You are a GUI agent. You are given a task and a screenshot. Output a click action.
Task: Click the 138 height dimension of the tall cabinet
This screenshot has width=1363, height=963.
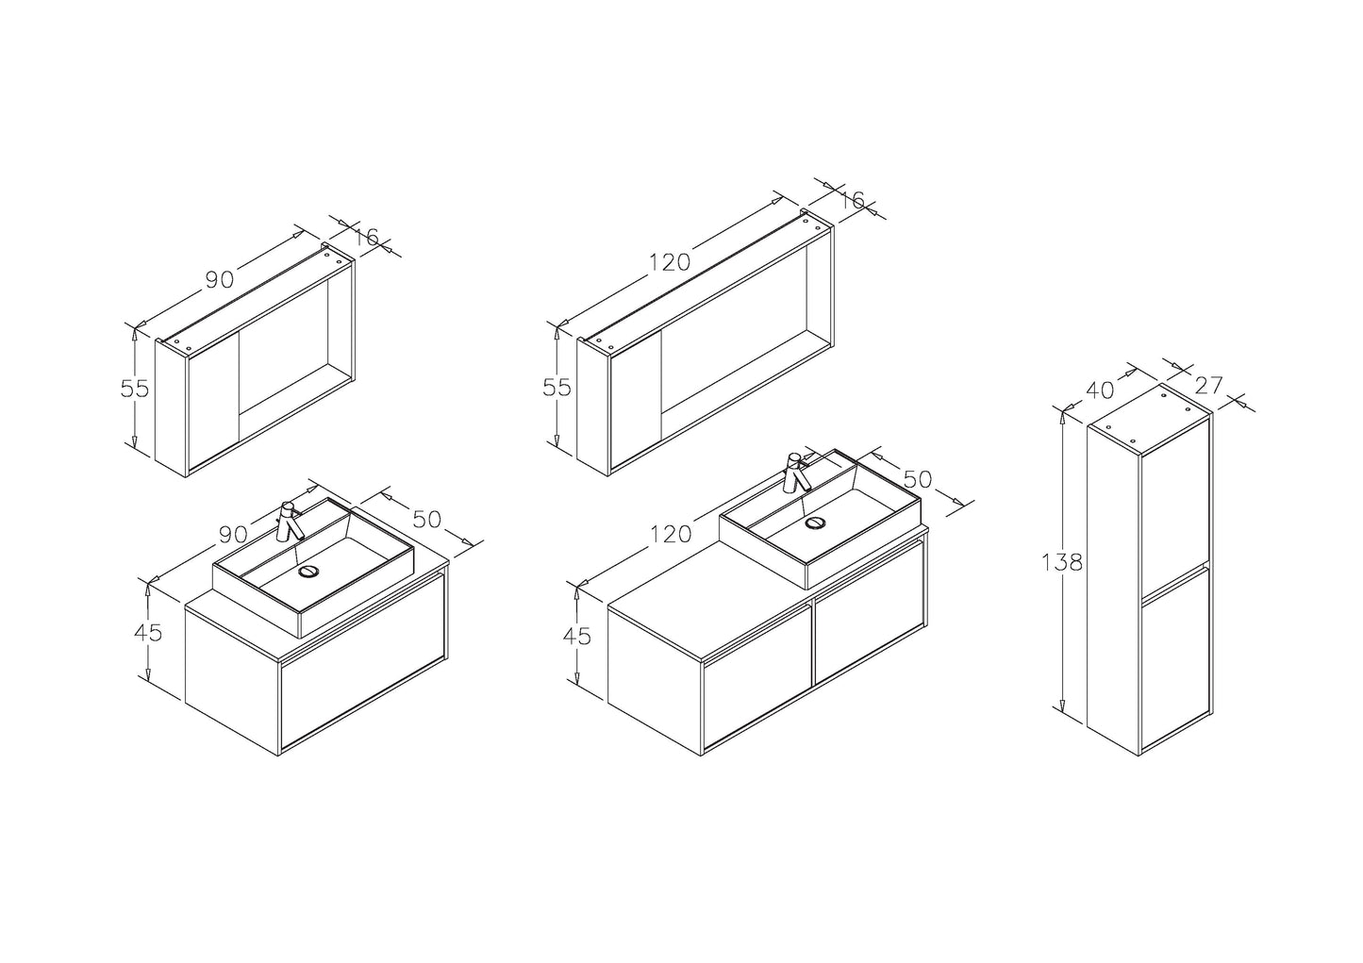[x=1062, y=563]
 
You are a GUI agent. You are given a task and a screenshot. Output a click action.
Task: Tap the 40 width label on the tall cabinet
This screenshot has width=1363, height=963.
[x=1100, y=390]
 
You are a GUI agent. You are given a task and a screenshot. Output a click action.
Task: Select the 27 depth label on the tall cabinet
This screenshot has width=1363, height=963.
[x=1208, y=385]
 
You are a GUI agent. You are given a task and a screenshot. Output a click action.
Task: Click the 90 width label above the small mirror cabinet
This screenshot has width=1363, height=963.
[x=220, y=279]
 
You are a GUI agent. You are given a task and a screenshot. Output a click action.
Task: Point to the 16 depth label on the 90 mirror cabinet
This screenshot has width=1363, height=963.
[x=366, y=237]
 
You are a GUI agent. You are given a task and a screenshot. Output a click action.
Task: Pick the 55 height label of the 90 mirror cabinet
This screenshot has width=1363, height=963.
[x=135, y=388]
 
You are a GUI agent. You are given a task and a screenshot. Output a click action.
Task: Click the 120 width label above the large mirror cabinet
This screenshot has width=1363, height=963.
[x=670, y=262]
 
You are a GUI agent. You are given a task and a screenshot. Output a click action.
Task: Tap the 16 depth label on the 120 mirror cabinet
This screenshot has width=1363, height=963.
[x=852, y=200]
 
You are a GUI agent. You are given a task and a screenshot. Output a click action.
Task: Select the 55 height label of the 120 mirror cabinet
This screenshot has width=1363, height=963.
[x=557, y=388]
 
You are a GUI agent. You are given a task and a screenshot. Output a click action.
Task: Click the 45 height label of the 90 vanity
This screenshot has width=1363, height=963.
[x=148, y=633]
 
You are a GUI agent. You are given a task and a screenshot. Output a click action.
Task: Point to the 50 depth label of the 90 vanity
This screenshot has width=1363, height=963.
[x=426, y=519]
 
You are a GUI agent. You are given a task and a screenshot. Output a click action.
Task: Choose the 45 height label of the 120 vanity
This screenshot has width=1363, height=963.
[x=577, y=637]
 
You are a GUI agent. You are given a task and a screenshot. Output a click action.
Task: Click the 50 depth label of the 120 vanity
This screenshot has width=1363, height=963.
[x=918, y=480]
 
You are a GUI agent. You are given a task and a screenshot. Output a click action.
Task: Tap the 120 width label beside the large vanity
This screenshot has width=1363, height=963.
[x=671, y=534]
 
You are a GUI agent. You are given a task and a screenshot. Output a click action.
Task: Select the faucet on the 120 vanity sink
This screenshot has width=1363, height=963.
[x=797, y=473]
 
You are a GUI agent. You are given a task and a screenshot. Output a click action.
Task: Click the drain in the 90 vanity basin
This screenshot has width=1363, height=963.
[x=309, y=571]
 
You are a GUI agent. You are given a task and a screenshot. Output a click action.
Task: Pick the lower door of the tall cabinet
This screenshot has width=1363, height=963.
[x=1175, y=659]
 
